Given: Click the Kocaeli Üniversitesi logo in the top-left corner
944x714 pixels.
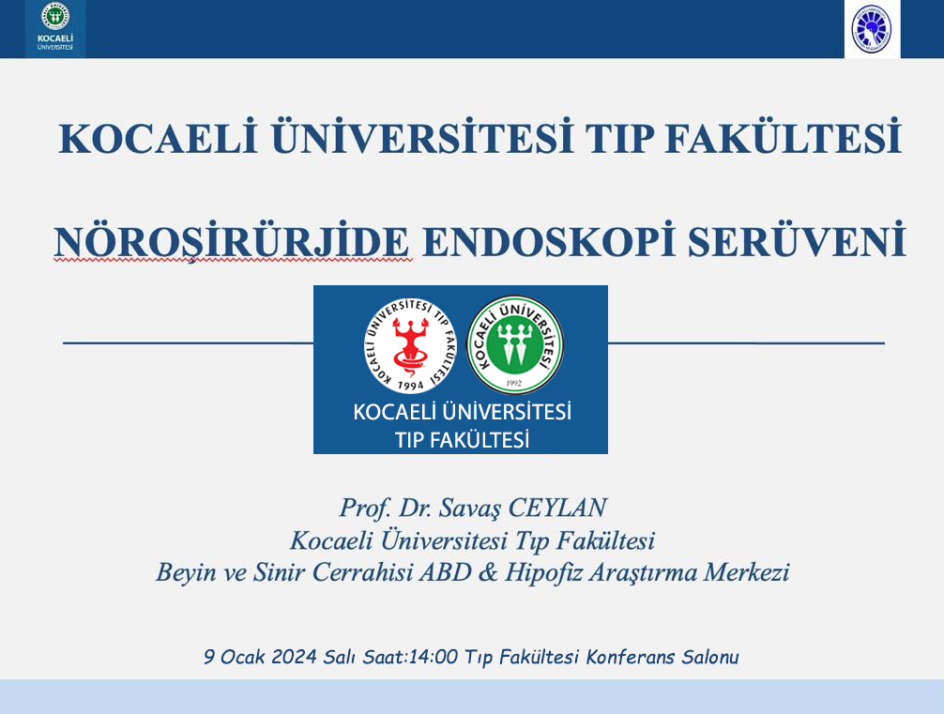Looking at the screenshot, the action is point(54,28).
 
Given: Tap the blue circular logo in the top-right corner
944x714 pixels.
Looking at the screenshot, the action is point(872,29).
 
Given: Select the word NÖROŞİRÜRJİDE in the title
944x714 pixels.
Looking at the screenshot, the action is point(233,242).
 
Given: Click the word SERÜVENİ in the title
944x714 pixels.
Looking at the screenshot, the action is point(797,240).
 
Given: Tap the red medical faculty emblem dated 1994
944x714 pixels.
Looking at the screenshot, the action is point(410,345).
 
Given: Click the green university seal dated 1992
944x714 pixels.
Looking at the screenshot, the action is point(515,345).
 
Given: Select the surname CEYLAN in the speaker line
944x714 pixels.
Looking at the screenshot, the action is point(556,509).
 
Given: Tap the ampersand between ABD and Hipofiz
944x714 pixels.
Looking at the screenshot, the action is point(488,572).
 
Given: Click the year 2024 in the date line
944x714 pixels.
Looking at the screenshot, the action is point(294,656).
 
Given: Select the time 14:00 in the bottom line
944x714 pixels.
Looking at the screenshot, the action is point(433,656).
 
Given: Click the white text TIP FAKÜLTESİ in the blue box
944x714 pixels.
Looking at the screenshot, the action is point(462,440).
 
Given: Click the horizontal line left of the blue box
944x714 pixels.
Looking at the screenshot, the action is point(189,343).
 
